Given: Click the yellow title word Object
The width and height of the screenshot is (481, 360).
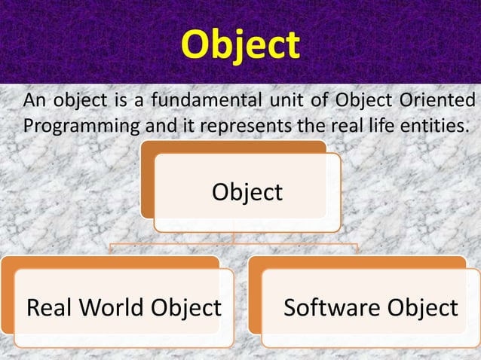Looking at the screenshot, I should (240, 44).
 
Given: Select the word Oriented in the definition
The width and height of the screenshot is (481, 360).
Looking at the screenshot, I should (445, 101).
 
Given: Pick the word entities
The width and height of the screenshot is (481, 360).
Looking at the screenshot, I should (435, 124).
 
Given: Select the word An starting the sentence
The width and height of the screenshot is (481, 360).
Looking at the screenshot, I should (33, 101).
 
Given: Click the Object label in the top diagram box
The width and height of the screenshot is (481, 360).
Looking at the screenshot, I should (247, 192).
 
